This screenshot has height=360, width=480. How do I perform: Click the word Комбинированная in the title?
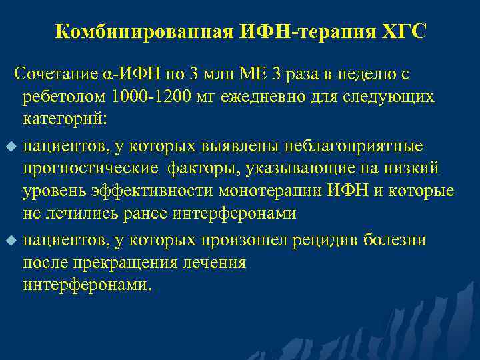point(143,31)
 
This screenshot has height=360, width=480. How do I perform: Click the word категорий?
point(60,121)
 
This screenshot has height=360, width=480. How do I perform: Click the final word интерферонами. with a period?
point(87,286)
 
